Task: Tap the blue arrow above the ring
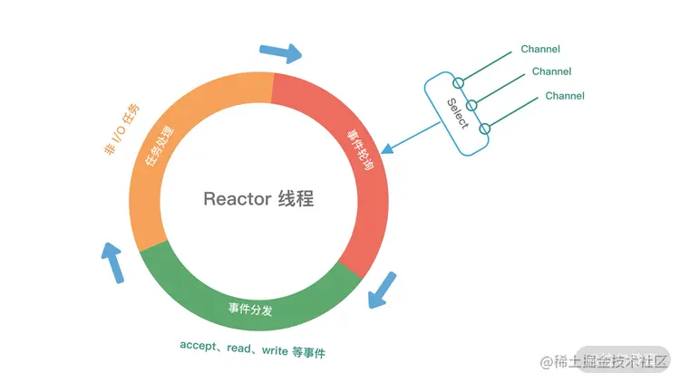pyautogui.click(x=280, y=53)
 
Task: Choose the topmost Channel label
pyautogui.click(x=540, y=49)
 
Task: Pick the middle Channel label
pyautogui.click(x=551, y=72)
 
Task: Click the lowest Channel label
pyautogui.click(x=564, y=96)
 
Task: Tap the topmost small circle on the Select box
pyautogui.click(x=458, y=84)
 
